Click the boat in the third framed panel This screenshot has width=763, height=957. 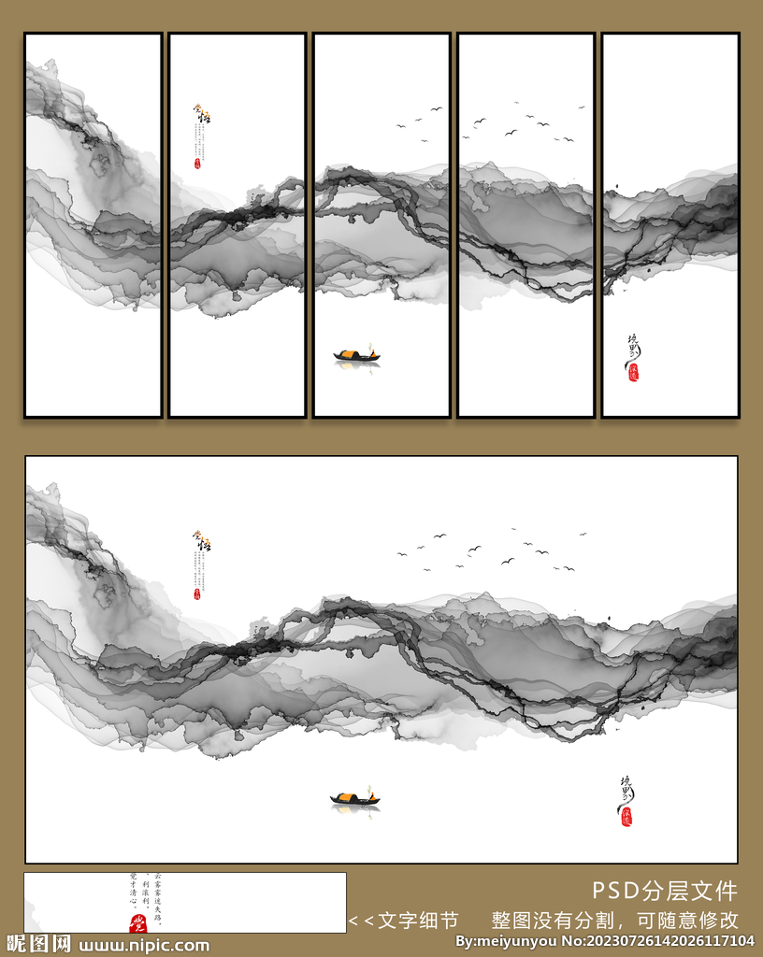[x=356, y=355]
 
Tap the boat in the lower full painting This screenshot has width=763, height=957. [x=354, y=798]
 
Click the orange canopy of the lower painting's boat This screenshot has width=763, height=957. [x=346, y=797]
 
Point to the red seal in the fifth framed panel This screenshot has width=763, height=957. [x=632, y=371]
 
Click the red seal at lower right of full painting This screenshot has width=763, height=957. [x=626, y=816]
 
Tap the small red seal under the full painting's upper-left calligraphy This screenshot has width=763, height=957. [x=197, y=593]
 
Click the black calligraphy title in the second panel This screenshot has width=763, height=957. [x=202, y=116]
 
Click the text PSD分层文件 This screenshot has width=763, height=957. [x=664, y=891]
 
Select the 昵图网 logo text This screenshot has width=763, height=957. [x=37, y=944]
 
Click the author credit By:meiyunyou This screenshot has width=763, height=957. [x=506, y=941]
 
